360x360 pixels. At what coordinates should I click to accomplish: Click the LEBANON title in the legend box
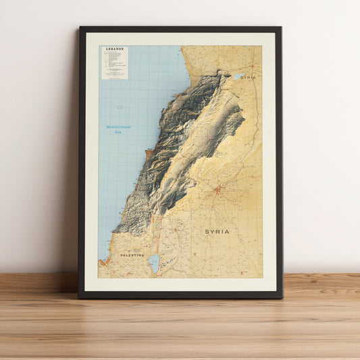click(114, 49)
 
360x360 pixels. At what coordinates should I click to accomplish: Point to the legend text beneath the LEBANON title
click(114, 64)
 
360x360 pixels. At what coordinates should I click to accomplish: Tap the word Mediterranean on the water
click(118, 127)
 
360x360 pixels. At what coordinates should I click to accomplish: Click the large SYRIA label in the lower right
click(217, 232)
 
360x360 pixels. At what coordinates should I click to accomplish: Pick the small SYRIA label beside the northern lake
click(249, 78)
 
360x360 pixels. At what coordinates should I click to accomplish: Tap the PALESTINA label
click(132, 255)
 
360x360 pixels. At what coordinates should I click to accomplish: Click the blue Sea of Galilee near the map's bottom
click(154, 261)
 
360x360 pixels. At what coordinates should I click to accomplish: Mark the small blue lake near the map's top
click(239, 77)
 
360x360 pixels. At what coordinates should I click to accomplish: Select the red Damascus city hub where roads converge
click(217, 190)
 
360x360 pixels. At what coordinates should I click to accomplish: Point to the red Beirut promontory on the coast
click(148, 155)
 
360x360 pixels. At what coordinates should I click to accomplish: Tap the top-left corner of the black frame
click(80, 28)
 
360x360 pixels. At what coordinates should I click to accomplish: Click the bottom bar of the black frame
click(180, 294)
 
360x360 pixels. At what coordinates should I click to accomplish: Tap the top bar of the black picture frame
click(180, 29)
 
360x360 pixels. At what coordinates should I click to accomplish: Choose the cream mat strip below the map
click(180, 284)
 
